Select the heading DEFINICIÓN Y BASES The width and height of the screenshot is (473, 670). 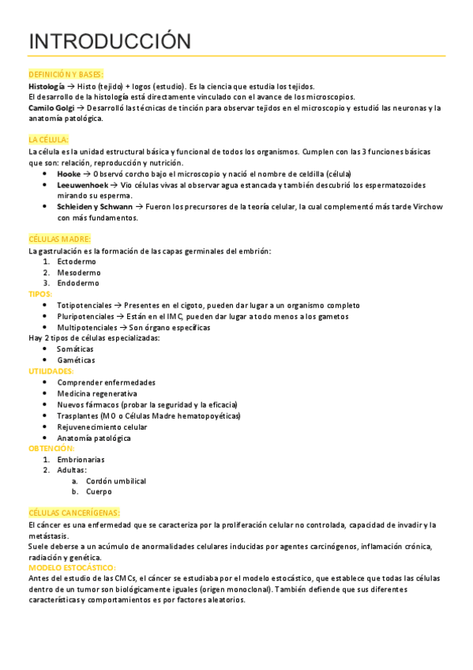(66, 74)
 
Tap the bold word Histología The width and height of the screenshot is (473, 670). (47, 85)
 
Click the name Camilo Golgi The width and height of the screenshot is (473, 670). (51, 107)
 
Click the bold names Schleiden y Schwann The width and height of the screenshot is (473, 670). (94, 206)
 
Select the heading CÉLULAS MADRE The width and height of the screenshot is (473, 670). (60, 239)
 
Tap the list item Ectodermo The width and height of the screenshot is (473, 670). (77, 261)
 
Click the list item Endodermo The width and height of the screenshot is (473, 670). (78, 283)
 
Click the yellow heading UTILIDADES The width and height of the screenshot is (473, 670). (51, 371)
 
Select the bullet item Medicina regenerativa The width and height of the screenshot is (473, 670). (97, 393)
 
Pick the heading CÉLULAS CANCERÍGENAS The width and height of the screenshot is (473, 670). (73, 513)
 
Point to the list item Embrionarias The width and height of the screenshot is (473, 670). (81, 459)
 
